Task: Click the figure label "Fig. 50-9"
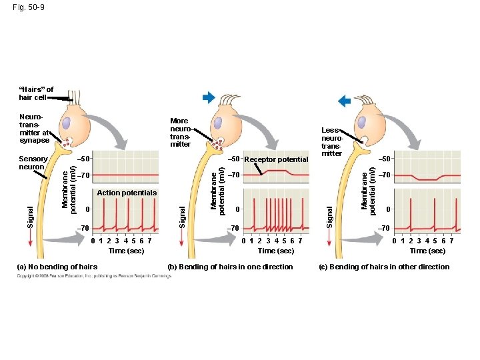[29, 7]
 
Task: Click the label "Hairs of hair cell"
[36, 93]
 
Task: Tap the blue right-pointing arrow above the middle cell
[209, 98]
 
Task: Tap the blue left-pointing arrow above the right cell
[345, 101]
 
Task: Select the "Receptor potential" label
[276, 159]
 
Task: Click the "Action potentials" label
[127, 193]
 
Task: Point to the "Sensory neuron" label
[33, 163]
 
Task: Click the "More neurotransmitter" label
[181, 133]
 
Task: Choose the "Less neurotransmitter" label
[331, 142]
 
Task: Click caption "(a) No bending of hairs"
[57, 267]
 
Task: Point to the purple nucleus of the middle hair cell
[216, 123]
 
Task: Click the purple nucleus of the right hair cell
[361, 123]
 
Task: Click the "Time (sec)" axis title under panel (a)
[126, 251]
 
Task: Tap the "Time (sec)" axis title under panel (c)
[427, 251]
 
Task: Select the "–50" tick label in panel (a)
[84, 159]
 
